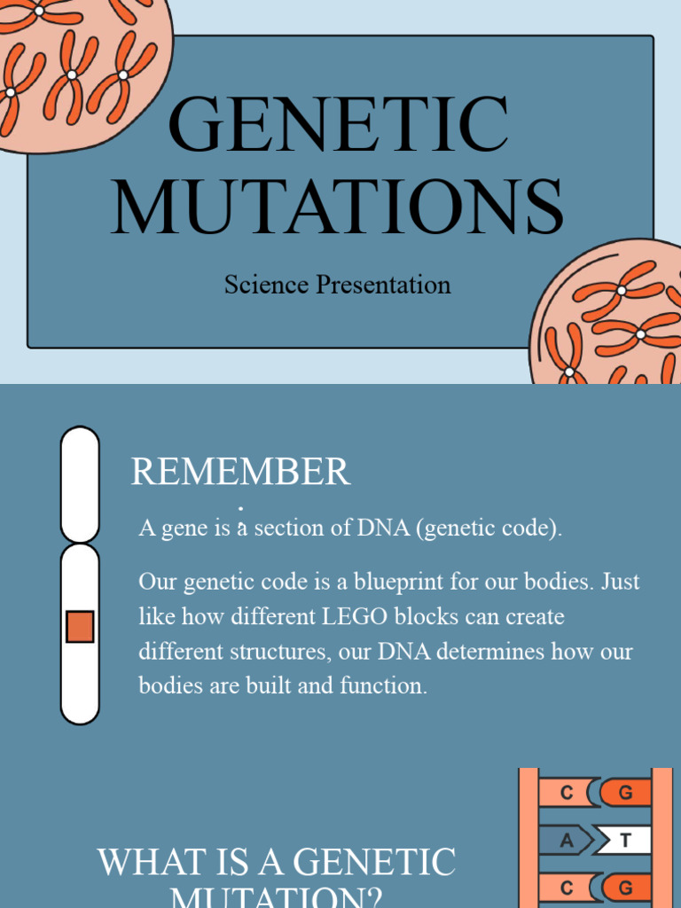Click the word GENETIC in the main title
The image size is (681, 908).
tap(339, 124)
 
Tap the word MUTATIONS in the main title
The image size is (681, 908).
tap(339, 207)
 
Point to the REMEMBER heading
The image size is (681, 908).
tap(240, 472)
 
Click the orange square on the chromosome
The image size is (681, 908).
tap(80, 627)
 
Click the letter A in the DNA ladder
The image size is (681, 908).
tap(567, 841)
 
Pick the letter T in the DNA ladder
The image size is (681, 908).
tap(626, 841)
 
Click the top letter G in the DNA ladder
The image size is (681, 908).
tap(626, 793)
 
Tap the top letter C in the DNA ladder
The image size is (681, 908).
tap(567, 793)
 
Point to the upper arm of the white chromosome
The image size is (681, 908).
tap(80, 483)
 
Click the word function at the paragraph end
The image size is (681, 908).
tap(383, 685)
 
